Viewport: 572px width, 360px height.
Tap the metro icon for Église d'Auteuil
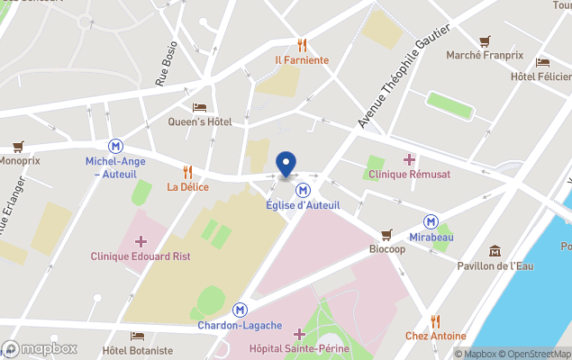tap(304, 190)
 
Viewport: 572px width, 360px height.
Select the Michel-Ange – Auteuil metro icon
tap(116, 146)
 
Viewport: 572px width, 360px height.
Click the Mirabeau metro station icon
tap(431, 221)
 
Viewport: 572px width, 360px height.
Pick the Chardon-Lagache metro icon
tap(240, 309)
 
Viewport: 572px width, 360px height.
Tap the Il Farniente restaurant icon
tap(302, 45)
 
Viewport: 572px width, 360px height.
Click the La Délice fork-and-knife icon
tap(187, 171)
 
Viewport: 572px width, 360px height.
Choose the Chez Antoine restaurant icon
tap(435, 320)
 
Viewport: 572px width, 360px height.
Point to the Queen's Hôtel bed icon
tap(199, 107)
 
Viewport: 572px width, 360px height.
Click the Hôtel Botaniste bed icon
tap(137, 336)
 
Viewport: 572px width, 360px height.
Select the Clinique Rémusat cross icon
tap(409, 159)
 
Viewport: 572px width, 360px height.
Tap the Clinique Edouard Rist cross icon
tap(141, 240)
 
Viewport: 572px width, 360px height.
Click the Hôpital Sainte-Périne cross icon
tap(299, 334)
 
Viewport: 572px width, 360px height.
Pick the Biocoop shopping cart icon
tap(387, 234)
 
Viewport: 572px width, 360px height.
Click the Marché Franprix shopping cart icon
tap(485, 40)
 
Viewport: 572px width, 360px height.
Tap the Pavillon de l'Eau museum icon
tap(495, 250)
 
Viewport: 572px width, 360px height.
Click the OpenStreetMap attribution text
tap(537, 354)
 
